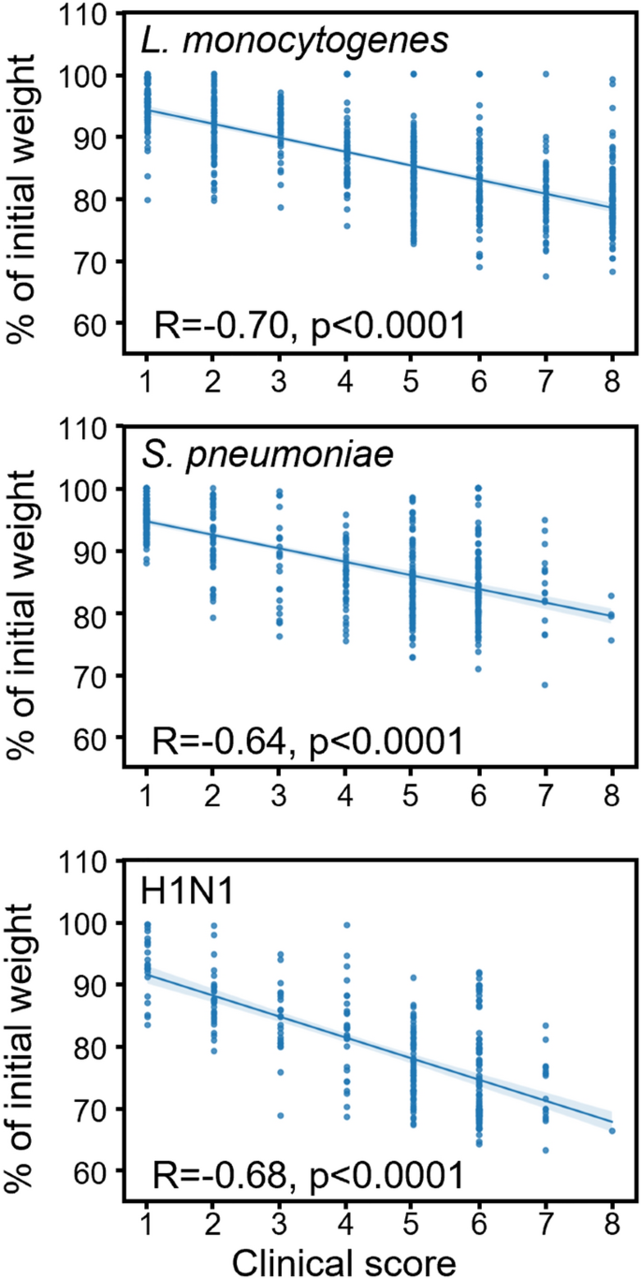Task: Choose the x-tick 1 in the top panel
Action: [x=146, y=358]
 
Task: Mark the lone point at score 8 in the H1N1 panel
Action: [x=612, y=1130]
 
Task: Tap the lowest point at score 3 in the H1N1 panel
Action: [x=280, y=1115]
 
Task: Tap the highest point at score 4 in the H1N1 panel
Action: [x=346, y=925]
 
